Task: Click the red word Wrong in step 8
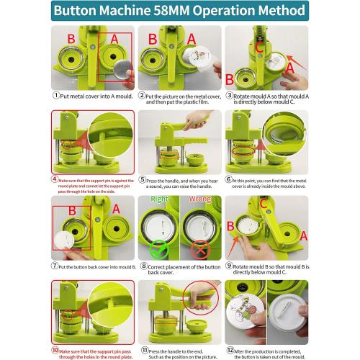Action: (202, 199)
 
